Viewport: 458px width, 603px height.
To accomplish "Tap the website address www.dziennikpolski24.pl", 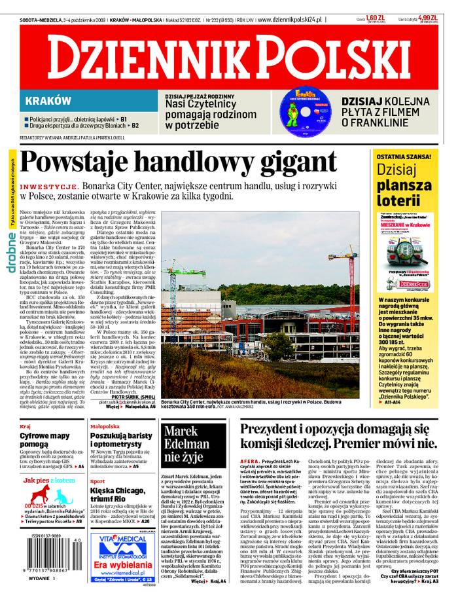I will pos(291,20).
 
